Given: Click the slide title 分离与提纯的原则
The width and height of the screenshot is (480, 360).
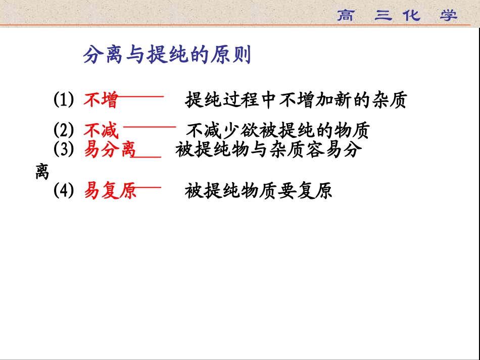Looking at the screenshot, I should click(x=167, y=56).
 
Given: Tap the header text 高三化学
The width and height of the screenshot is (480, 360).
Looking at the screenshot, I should click(x=397, y=15).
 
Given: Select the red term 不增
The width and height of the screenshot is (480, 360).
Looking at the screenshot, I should click(x=101, y=100).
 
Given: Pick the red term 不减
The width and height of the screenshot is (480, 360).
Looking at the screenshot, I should click(x=101, y=131).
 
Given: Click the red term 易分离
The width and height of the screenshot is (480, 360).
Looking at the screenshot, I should click(x=110, y=150).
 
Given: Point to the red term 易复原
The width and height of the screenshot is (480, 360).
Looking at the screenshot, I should click(x=110, y=191).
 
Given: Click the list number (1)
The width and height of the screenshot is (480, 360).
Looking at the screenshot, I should click(x=64, y=100).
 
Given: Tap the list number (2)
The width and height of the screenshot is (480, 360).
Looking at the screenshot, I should click(x=64, y=131).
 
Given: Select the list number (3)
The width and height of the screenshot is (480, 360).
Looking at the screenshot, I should click(x=64, y=150).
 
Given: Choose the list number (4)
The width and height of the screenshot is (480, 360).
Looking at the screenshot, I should click(x=64, y=191).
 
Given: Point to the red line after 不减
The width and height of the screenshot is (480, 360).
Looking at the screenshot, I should click(x=150, y=127).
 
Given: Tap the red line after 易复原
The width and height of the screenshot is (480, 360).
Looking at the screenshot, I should click(x=149, y=187).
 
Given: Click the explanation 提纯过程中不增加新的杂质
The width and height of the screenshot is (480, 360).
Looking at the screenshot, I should click(x=296, y=100).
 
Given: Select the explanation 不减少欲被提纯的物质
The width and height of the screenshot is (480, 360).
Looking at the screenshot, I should click(x=278, y=131).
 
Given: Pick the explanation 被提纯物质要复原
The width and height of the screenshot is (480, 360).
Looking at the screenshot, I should click(x=258, y=191).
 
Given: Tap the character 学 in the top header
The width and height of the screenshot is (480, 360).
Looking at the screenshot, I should click(x=448, y=15).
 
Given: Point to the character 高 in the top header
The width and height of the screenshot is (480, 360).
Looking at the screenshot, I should click(x=346, y=15).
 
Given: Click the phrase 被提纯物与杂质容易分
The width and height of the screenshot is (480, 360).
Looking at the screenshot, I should click(x=269, y=150).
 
